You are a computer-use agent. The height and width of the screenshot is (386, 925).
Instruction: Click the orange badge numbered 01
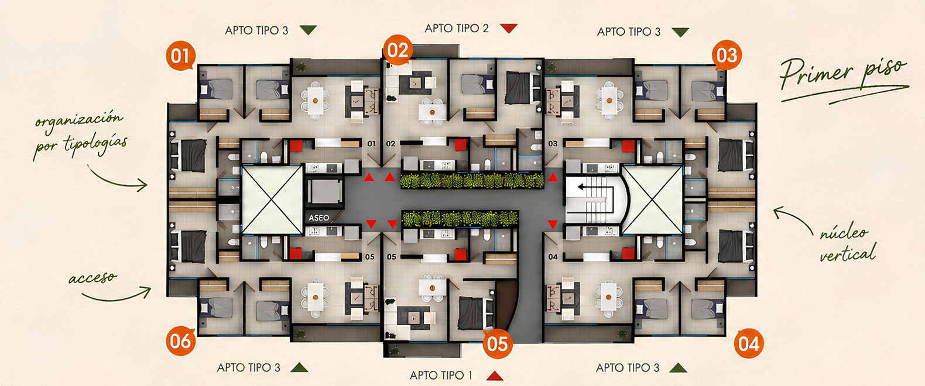coord(180,55)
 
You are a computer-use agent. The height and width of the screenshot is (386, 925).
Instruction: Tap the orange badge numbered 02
coord(398,50)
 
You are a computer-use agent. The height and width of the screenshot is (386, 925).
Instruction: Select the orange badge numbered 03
coord(727,55)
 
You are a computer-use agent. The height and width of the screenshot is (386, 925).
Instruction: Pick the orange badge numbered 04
coord(749,343)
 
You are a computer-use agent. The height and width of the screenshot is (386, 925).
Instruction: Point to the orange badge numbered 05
coord(498,343)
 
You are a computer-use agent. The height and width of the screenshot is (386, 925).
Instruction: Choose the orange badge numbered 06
coord(180,340)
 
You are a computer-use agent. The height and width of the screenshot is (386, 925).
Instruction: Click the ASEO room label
coord(319,218)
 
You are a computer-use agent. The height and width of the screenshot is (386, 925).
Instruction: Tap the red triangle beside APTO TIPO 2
coord(509,28)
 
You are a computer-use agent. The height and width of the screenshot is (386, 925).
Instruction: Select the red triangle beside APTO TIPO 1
coord(495,375)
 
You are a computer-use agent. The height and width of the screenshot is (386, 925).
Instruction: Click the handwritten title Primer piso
coord(842,78)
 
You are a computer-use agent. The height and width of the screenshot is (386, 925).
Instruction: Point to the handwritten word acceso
coord(92,278)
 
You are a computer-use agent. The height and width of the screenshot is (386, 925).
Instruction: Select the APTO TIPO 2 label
coord(456,28)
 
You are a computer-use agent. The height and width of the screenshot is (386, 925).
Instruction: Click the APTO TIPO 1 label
coord(441,375)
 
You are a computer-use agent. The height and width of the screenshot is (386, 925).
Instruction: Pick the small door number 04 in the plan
coord(553,257)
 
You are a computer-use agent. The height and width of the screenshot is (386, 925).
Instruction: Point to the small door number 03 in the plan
coord(553,143)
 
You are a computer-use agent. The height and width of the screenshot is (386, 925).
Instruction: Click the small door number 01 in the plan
coord(372,143)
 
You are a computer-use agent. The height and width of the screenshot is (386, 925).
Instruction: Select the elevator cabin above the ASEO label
coord(324,191)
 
